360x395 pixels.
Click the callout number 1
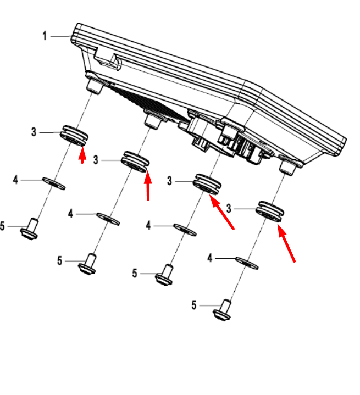[45, 36]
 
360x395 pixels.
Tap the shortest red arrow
[82, 155]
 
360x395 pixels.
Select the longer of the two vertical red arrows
[148, 185]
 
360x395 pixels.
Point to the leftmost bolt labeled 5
[30, 229]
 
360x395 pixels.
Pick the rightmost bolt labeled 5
[223, 310]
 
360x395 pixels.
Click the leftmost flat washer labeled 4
[54, 183]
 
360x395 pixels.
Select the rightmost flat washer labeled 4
[247, 263]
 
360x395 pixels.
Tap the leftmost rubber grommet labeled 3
[74, 136]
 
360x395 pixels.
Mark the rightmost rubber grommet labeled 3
[269, 212]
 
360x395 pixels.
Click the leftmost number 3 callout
[34, 132]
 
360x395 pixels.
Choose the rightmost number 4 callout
[210, 258]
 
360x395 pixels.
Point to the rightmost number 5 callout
[193, 305]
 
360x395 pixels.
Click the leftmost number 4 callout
[15, 180]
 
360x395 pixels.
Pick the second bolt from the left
[87, 264]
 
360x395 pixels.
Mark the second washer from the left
[108, 219]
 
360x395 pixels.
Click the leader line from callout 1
[60, 36]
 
